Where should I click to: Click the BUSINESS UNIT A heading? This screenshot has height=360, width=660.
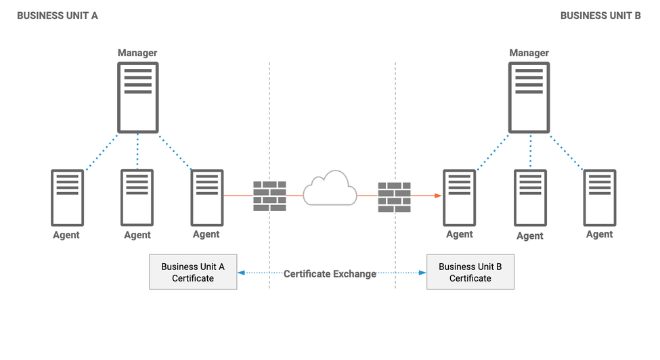coord(58,16)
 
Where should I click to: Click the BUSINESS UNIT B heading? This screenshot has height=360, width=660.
coord(600,16)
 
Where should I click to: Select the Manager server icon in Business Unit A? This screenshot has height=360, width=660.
coord(137,97)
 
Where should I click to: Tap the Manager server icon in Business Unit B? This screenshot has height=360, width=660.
coord(529,97)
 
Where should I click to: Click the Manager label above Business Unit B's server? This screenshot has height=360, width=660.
coord(529,53)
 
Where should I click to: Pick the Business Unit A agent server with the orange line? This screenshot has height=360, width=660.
coord(206,197)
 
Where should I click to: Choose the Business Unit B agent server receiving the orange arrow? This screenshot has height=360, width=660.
coord(460,197)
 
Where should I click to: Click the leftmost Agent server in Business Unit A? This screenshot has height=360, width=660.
coord(67,197)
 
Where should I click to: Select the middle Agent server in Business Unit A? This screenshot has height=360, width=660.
coord(137,197)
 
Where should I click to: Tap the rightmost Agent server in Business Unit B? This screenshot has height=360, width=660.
coord(600,197)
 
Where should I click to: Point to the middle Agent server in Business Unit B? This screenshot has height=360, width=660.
coord(530,197)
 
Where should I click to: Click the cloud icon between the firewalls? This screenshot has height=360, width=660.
coord(330,189)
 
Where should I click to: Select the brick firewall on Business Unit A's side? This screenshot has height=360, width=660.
coord(269,196)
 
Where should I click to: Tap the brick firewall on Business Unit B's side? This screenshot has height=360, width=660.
coord(395,196)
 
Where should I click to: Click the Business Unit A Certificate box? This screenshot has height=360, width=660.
coord(193,272)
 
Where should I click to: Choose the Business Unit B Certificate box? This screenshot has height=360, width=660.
coord(470,272)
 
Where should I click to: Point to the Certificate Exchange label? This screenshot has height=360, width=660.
coord(330,274)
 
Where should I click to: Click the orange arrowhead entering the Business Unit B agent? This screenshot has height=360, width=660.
coord(439,196)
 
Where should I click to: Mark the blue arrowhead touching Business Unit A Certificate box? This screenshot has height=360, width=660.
coord(241,273)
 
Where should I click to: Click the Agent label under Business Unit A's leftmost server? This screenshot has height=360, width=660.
coord(66,235)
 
